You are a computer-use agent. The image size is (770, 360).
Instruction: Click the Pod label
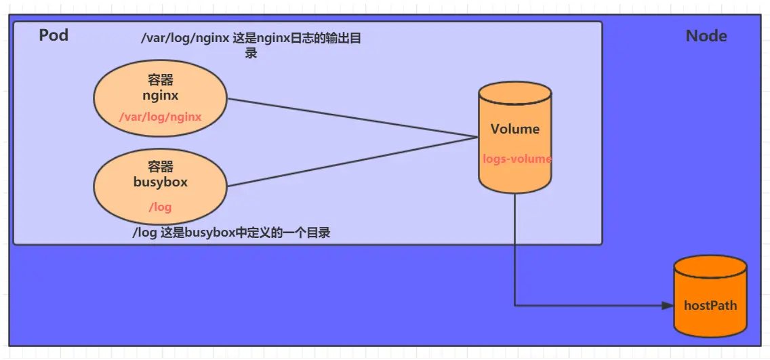pos(54,35)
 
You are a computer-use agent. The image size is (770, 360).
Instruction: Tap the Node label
pos(706,36)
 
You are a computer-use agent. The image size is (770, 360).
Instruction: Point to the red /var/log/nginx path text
pos(161,117)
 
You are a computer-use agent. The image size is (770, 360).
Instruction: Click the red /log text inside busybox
pos(161,207)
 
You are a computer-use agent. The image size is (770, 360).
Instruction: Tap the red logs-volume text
pos(517,159)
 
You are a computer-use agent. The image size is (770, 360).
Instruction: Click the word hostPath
pos(710,305)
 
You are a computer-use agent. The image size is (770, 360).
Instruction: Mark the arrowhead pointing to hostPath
pos(667,306)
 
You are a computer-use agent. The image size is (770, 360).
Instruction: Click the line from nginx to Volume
pos(352,119)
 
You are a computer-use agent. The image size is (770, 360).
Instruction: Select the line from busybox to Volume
pos(352,161)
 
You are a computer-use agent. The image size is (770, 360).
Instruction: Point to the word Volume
pos(515,129)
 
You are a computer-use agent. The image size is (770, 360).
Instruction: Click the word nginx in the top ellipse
pos(161,95)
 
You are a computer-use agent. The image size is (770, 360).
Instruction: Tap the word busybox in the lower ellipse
pos(161,182)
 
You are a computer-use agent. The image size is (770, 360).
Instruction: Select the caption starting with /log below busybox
pos(231,233)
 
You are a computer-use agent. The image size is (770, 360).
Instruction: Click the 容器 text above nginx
pos(161,81)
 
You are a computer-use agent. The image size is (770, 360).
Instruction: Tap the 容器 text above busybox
pos(161,167)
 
